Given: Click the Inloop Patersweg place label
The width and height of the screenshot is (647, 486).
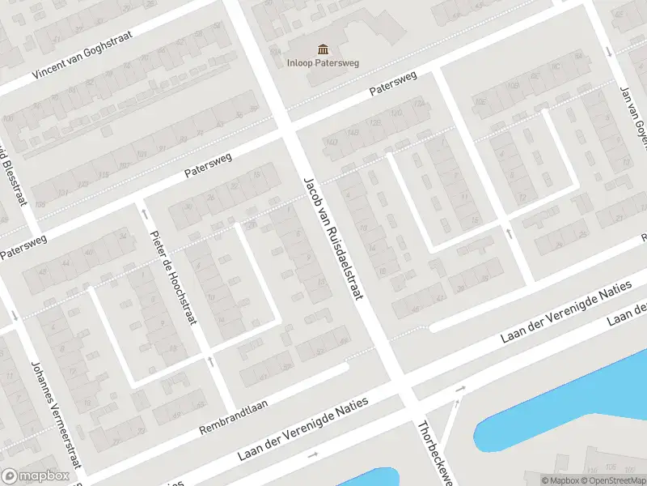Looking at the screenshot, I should click(x=323, y=62).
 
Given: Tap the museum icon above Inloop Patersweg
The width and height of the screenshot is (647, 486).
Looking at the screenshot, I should click(x=323, y=49).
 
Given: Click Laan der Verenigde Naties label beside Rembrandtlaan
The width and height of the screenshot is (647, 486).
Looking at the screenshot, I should click(x=303, y=429).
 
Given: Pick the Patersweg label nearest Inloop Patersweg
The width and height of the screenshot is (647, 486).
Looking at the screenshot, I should click(x=393, y=84).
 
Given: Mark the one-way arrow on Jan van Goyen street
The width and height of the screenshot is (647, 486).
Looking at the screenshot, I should click(x=607, y=51).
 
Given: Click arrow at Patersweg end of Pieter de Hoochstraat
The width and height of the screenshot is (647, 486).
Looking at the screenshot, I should click(x=145, y=214).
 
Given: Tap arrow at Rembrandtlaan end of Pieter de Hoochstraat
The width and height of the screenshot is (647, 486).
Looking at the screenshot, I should click(x=210, y=361).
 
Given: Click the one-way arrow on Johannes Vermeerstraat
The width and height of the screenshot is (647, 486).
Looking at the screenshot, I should click(x=15, y=316).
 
